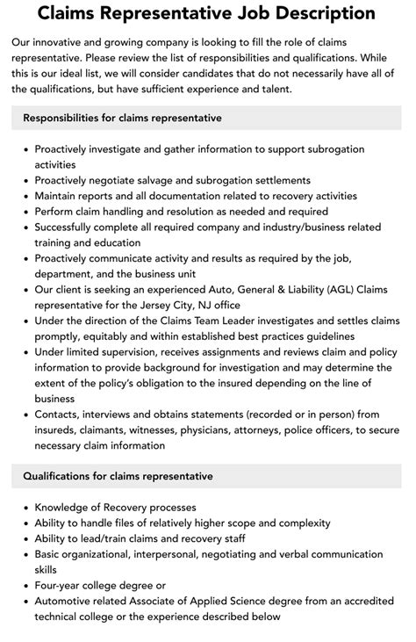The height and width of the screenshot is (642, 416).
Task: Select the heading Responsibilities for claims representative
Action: [x=122, y=118]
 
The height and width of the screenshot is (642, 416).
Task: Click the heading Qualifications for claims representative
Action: [x=118, y=476]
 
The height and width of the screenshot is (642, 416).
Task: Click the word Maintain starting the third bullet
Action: [x=60, y=196]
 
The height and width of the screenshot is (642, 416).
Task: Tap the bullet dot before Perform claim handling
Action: [x=25, y=212]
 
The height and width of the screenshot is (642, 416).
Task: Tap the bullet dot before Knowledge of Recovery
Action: [x=25, y=507]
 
